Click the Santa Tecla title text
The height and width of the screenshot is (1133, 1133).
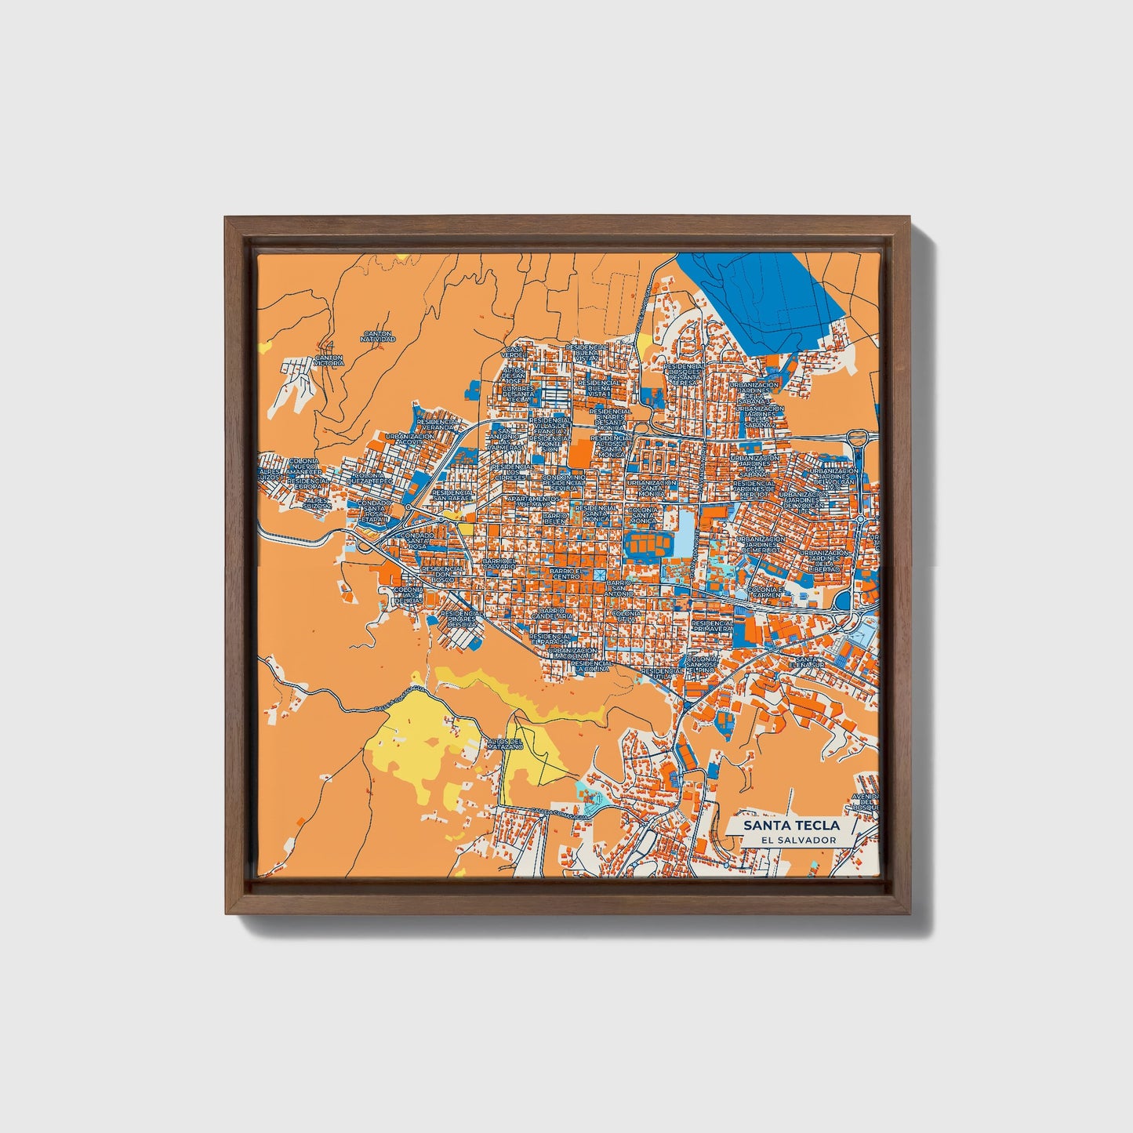pyautogui.click(x=791, y=825)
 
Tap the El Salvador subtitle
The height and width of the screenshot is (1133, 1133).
pyautogui.click(x=792, y=840)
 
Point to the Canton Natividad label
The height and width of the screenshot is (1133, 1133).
pyautogui.click(x=378, y=336)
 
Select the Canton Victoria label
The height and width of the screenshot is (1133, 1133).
pyautogui.click(x=329, y=361)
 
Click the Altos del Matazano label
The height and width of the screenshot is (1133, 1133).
pyautogui.click(x=503, y=744)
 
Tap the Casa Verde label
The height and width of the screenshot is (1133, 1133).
pyautogui.click(x=513, y=352)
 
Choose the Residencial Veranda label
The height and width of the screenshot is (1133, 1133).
pyautogui.click(x=438, y=423)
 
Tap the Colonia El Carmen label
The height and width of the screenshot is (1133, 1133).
pyautogui.click(x=764, y=592)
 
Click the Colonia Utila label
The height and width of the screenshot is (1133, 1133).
pyautogui.click(x=625, y=616)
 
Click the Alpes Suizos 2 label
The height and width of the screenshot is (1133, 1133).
pyautogui.click(x=318, y=503)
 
